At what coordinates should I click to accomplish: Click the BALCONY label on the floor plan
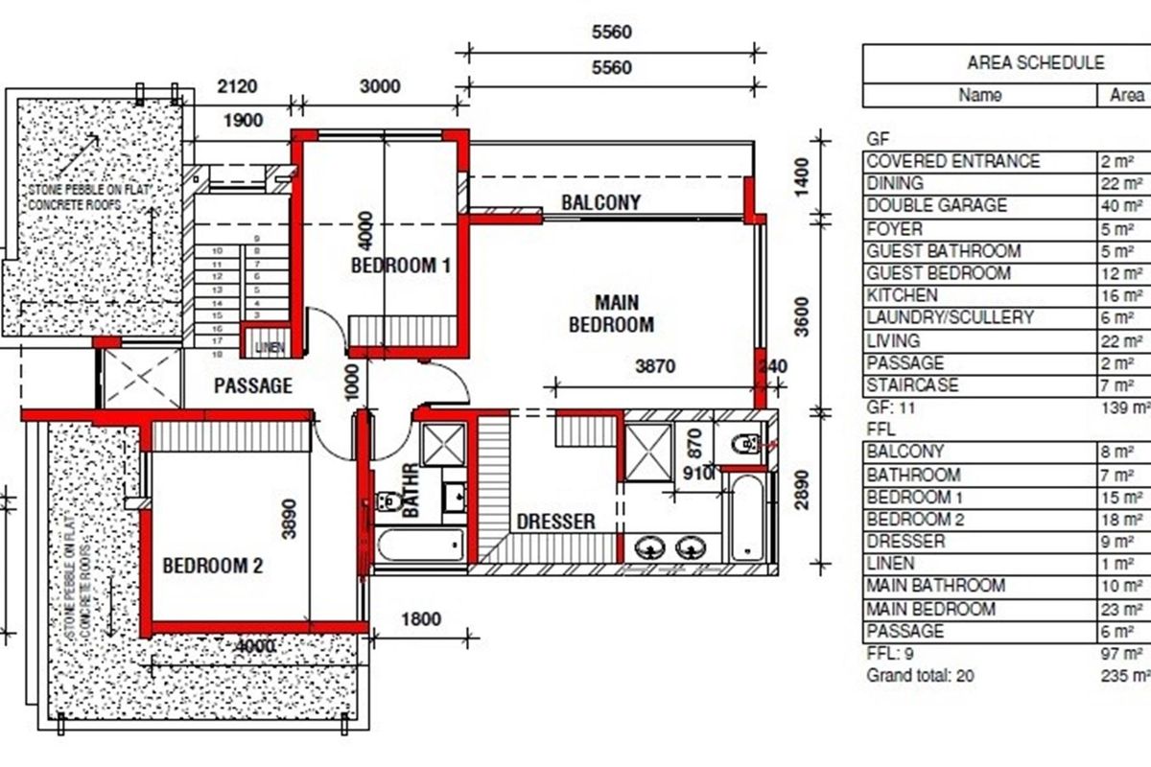(x=600, y=202)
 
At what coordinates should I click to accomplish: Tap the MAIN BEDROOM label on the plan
(x=611, y=314)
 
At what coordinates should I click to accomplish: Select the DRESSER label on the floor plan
(x=555, y=522)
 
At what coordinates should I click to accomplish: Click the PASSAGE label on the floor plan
(x=252, y=386)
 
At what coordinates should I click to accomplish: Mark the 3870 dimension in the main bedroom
(x=657, y=366)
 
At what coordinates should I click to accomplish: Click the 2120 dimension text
(x=237, y=86)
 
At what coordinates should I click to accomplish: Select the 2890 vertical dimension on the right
(x=803, y=489)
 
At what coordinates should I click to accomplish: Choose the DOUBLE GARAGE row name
(x=923, y=206)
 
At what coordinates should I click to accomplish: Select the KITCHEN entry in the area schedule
(x=902, y=295)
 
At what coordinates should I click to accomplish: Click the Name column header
(x=979, y=95)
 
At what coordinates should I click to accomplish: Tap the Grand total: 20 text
(x=920, y=675)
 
